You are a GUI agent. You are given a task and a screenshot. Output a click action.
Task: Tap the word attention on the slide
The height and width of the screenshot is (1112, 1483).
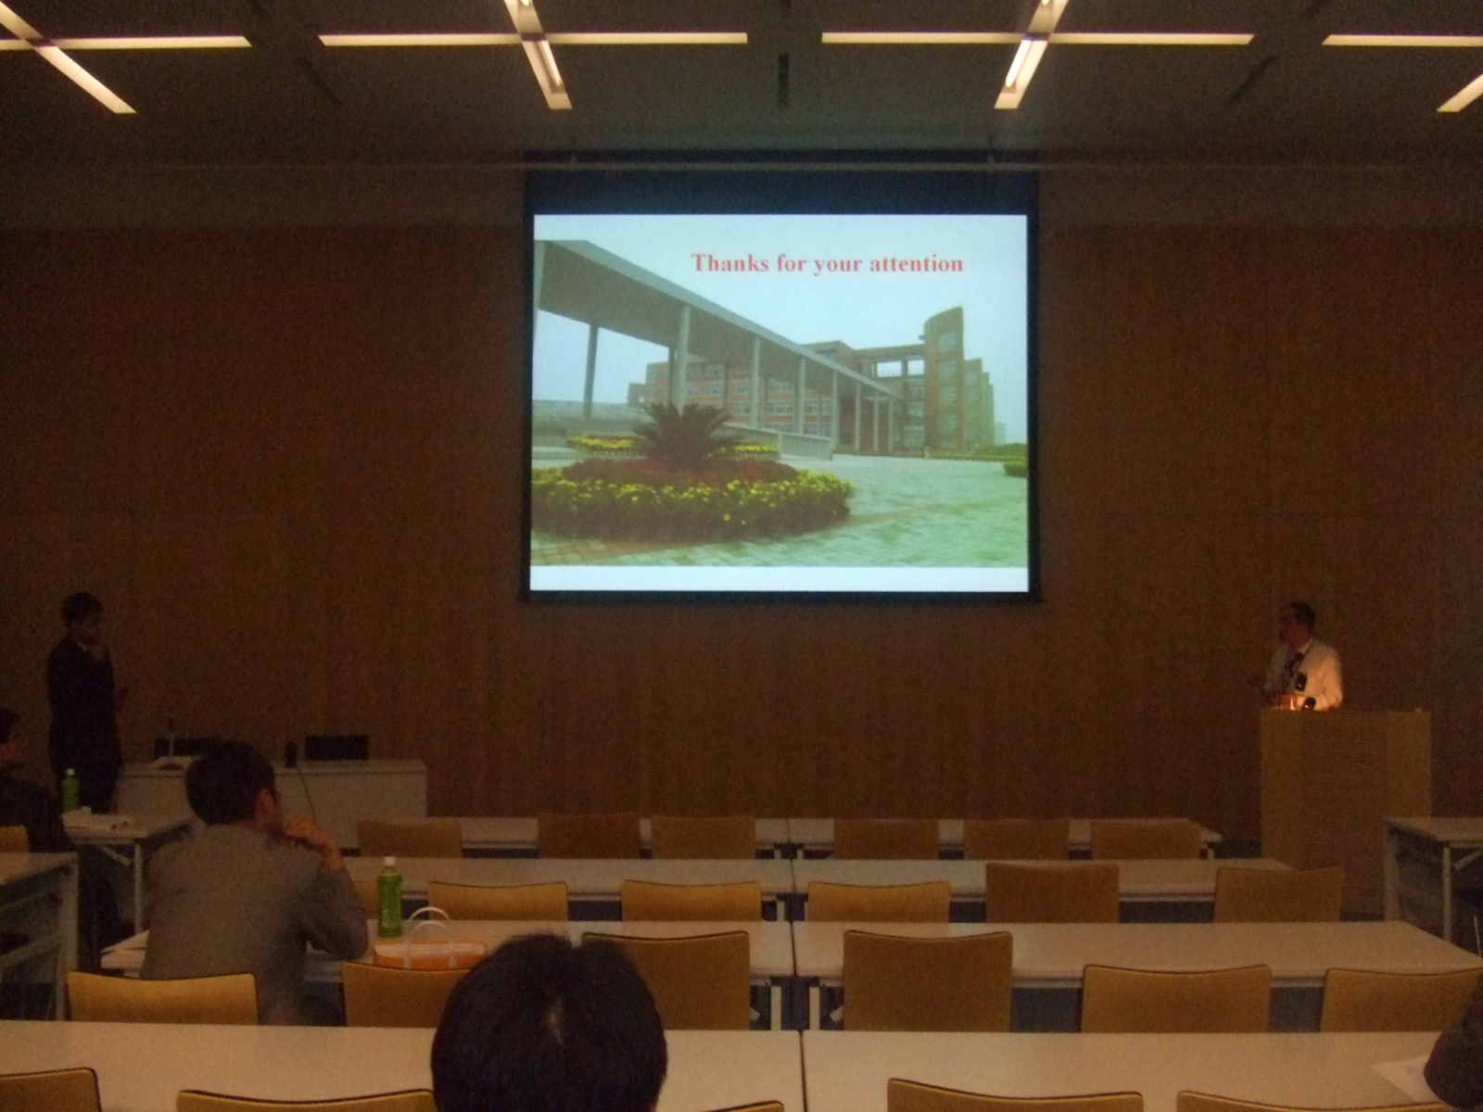[916, 263]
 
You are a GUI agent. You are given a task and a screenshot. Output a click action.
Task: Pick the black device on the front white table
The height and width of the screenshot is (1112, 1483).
[336, 747]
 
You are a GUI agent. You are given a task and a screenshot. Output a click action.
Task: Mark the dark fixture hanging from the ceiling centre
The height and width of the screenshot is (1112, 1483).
[783, 78]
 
